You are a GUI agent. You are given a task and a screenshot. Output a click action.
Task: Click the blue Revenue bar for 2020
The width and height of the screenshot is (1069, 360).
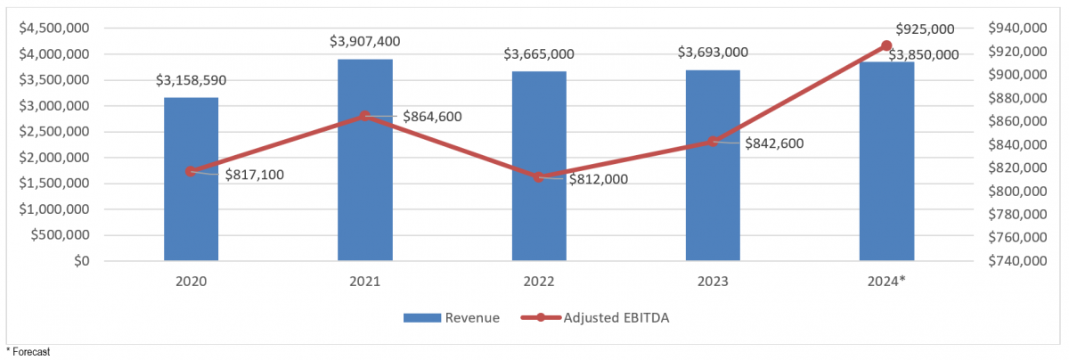tap(191, 179)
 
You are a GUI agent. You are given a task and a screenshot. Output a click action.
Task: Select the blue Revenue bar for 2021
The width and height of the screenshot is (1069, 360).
tap(365, 160)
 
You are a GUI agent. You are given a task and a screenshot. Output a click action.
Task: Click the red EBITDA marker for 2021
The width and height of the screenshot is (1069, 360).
tap(365, 116)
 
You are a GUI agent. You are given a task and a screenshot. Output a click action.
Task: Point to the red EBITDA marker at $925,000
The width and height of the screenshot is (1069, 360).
tap(886, 45)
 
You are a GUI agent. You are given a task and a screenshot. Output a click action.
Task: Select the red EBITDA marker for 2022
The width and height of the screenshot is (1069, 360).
tap(539, 177)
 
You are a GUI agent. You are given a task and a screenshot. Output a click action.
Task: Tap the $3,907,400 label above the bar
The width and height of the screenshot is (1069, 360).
tap(365, 41)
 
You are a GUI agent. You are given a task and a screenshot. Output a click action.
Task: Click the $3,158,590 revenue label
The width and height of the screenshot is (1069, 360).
tap(191, 80)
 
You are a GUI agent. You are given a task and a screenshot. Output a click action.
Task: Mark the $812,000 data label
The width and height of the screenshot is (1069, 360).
tap(598, 179)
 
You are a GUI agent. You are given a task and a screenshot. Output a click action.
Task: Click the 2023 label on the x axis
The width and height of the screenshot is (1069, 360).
tap(713, 282)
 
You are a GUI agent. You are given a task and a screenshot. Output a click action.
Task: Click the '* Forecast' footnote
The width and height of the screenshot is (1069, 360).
tap(28, 352)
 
